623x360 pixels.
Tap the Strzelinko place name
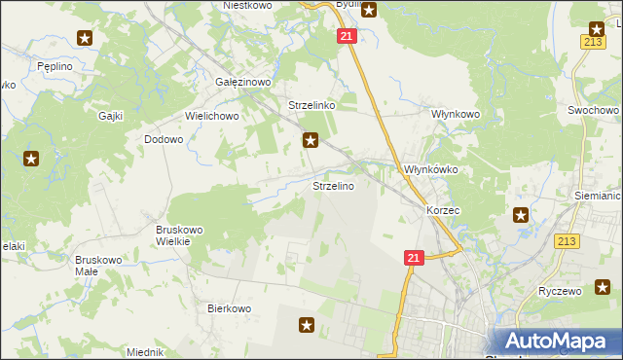(x=311, y=105)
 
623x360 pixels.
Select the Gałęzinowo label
(x=242, y=83)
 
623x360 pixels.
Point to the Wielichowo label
(x=212, y=115)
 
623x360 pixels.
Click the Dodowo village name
(x=164, y=139)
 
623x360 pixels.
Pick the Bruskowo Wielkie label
(x=179, y=236)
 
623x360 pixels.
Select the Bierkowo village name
(x=230, y=308)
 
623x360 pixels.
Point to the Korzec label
(x=443, y=209)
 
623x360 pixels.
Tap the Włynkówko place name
(x=430, y=169)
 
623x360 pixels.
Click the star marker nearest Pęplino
(x=85, y=38)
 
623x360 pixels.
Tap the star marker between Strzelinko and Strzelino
(x=311, y=140)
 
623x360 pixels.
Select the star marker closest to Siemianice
(x=522, y=215)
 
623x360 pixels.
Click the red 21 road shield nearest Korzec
(x=414, y=257)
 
